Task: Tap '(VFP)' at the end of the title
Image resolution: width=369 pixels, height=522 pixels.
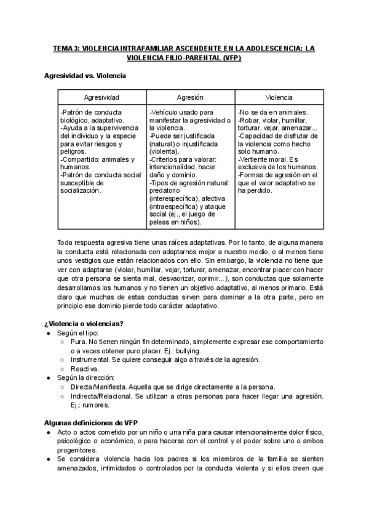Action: pyautogui.click(x=229, y=58)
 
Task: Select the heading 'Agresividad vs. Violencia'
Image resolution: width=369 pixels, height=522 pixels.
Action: pyautogui.click(x=85, y=76)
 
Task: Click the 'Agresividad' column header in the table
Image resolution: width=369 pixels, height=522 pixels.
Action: pyautogui.click(x=101, y=97)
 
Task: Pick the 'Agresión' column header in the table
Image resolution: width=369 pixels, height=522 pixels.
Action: pyautogui.click(x=190, y=97)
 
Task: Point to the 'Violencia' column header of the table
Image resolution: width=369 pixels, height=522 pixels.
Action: pyautogui.click(x=279, y=97)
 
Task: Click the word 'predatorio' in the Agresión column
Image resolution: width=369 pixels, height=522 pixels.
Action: pyautogui.click(x=167, y=191)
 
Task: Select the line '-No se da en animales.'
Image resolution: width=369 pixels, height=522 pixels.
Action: pyautogui.click(x=272, y=113)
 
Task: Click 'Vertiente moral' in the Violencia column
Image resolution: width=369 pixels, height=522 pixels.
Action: pyautogui.click(x=264, y=159)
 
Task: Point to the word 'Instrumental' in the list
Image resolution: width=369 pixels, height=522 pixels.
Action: pyautogui.click(x=90, y=359)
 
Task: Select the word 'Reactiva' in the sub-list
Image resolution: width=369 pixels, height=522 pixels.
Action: pyautogui.click(x=84, y=369)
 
